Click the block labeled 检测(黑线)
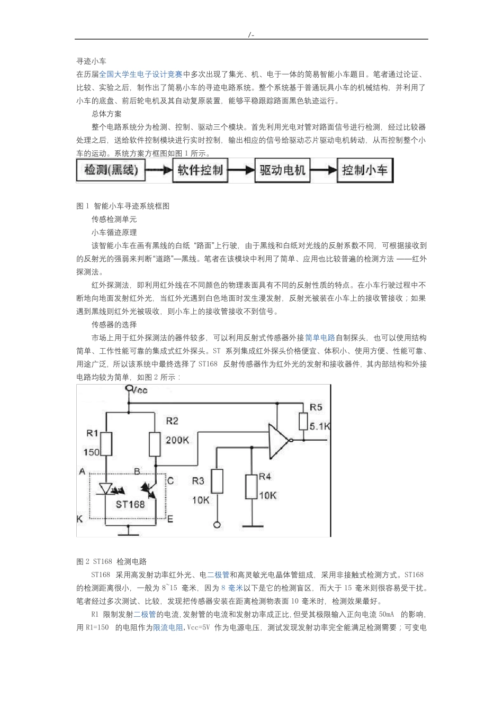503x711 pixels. tap(111, 170)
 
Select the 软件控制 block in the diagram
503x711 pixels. tap(200, 170)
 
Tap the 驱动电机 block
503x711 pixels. tap(283, 170)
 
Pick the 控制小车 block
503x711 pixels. tap(365, 170)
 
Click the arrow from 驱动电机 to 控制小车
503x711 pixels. tap(324, 170)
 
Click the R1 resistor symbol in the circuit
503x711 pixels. tap(106, 443)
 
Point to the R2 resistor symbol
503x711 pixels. tap(155, 443)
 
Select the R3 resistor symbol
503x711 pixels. tap(217, 481)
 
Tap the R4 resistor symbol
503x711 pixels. tap(251, 487)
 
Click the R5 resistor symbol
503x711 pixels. tap(303, 421)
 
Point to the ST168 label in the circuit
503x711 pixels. tap(130, 504)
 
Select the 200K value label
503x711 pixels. tap(178, 440)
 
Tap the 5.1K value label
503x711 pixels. tap(320, 426)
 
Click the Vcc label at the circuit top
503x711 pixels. tap(140, 390)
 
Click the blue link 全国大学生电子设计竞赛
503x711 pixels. tap(141, 75)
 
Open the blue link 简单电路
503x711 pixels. tap(320, 338)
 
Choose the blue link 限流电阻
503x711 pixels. tap(168, 627)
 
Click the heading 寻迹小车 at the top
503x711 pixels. tap(91, 61)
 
